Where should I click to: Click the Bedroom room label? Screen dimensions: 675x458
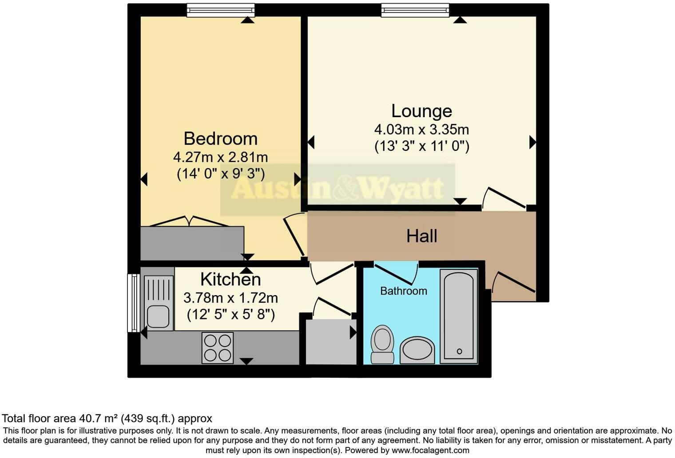[221, 139]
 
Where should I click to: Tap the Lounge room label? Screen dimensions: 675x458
[421, 111]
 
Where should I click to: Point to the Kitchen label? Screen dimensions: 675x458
[230, 280]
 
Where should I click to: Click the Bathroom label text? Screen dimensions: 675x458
[404, 291]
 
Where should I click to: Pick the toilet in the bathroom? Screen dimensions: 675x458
[382, 344]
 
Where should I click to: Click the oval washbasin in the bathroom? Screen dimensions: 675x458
[417, 350]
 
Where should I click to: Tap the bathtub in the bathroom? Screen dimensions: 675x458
[459, 316]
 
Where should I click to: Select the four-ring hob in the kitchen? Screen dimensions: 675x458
[218, 348]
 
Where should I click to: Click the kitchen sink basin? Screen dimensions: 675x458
[158, 316]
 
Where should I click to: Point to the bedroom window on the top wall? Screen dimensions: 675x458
[221, 10]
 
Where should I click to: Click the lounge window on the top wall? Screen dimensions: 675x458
[415, 10]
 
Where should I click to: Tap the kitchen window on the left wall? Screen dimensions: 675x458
[134, 303]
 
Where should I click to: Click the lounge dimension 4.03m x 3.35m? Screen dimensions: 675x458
[421, 130]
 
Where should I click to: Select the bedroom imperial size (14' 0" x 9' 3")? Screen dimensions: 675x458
[221, 174]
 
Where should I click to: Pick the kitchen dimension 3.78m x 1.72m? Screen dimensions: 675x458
[230, 298]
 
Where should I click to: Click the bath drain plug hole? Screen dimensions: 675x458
[459, 351]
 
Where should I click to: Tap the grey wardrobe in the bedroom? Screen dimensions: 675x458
[192, 243]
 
